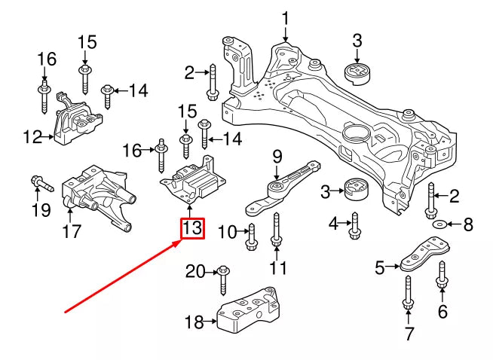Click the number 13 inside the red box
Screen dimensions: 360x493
point(191,227)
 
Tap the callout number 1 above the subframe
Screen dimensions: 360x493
point(286,17)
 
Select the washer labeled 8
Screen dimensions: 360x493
point(440,224)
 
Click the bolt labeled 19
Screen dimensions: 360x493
point(39,182)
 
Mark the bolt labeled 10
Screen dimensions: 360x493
point(251,236)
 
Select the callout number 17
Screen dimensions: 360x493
point(71,233)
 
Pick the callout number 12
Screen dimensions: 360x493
point(32,137)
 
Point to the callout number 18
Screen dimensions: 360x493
point(194,323)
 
